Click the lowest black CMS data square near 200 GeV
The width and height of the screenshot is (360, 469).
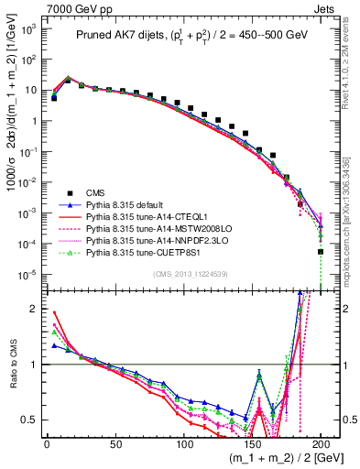[x=321, y=251]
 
